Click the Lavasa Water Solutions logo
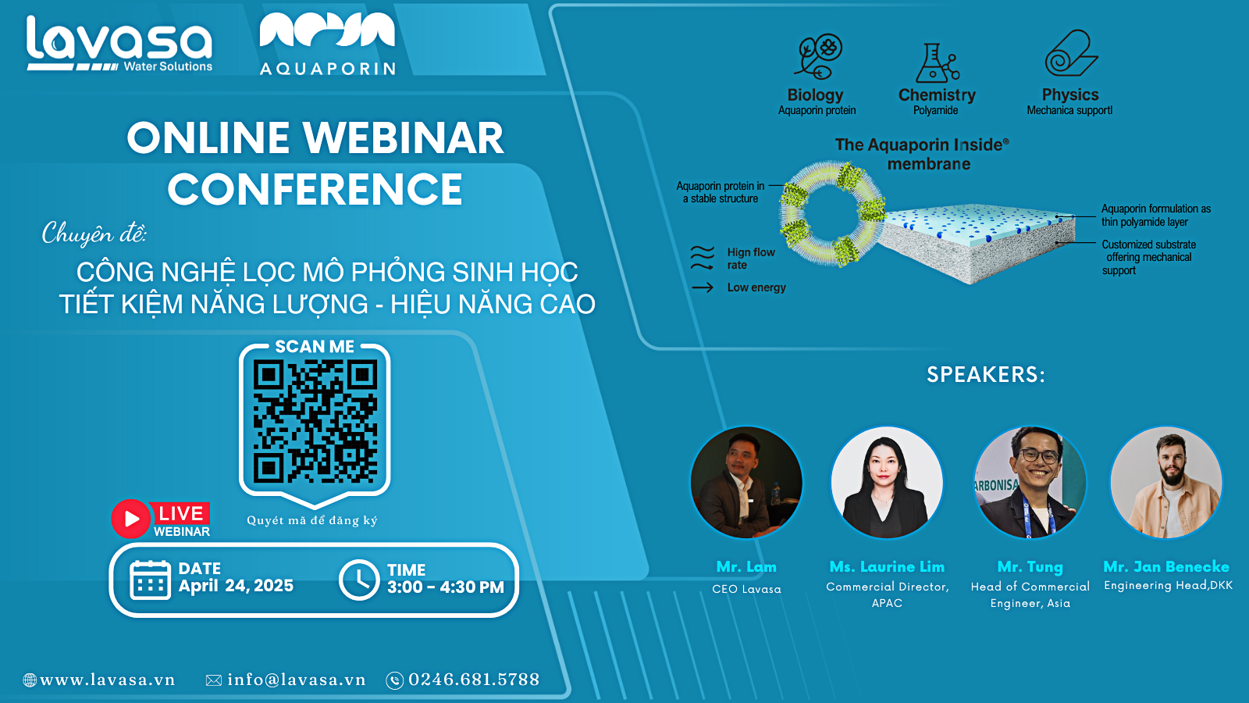pos(119,44)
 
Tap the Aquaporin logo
pos(328,44)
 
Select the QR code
pos(315,421)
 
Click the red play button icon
pos(130,519)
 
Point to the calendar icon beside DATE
pos(150,580)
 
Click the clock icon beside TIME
pos(359,580)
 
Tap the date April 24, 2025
pos(236,586)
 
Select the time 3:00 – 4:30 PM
pos(446,587)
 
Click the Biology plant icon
pos(818,56)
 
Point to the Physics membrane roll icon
pos(1071,53)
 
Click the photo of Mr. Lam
pos(746,483)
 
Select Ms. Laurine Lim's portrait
pos(887,483)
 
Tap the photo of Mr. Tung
pos(1030,483)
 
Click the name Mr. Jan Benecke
pos(1166,567)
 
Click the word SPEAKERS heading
pos(986,374)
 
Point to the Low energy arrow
pos(703,288)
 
